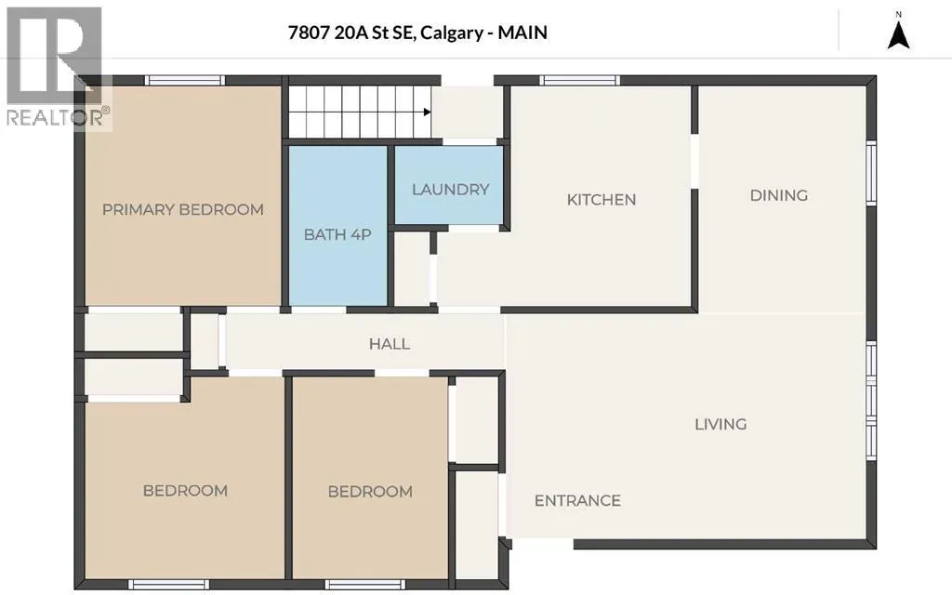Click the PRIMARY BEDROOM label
(183, 209)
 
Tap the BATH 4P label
(337, 234)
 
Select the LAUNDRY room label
(451, 190)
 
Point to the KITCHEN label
(602, 200)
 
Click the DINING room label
(779, 195)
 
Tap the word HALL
(390, 344)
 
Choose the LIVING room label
(721, 424)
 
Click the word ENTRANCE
(577, 500)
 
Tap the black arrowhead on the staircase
(428, 112)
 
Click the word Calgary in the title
(452, 33)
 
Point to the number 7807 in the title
(309, 33)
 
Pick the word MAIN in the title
(522, 33)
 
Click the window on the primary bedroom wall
(185, 80)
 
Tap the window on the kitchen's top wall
(580, 80)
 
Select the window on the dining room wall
(871, 172)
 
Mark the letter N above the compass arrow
(899, 14)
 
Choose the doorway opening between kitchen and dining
(694, 161)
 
